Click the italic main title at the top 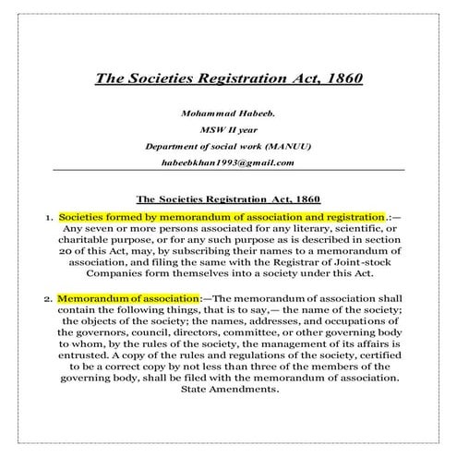(228, 77)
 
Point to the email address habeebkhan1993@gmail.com (227, 162)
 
